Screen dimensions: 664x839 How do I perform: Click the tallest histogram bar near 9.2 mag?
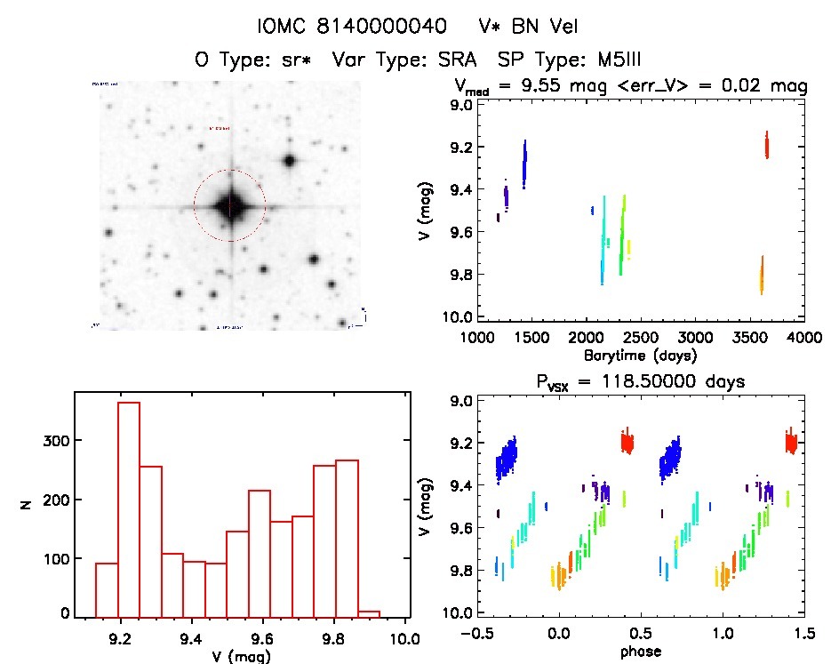coord(129,508)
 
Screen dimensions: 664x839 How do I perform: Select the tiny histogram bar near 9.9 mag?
coord(369,613)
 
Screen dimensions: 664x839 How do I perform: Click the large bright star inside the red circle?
coord(230,205)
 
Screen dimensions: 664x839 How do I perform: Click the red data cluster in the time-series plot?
coord(766,145)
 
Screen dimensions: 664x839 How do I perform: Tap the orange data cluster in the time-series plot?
coord(761,276)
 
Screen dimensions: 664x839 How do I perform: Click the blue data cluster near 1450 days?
coord(524,164)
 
